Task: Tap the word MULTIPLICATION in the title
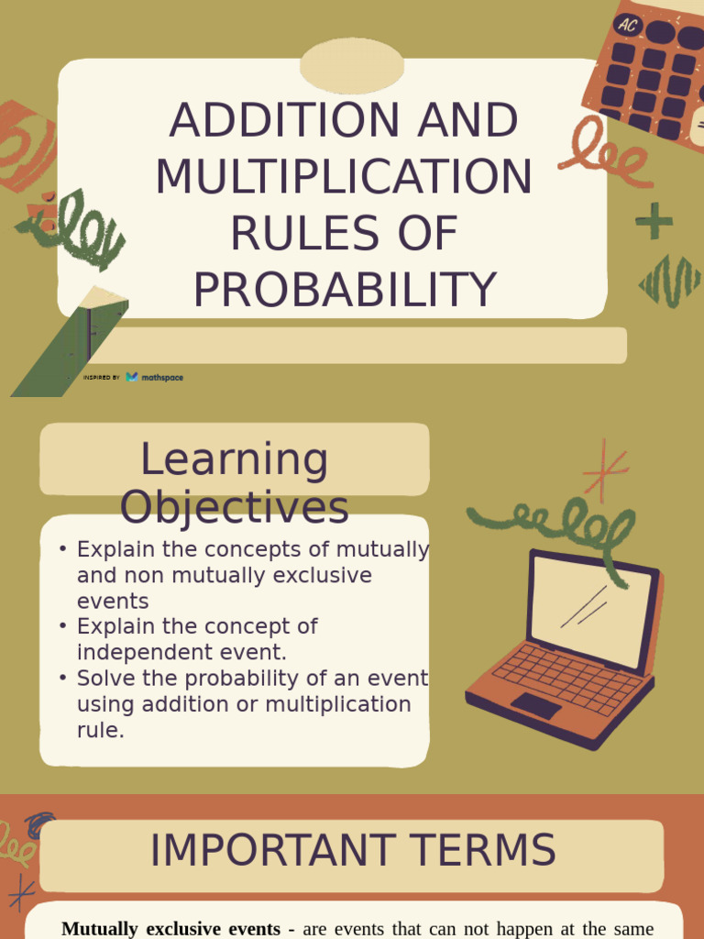coord(344,177)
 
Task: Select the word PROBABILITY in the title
coord(344,289)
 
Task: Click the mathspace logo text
coord(161,377)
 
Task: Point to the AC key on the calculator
coord(627,25)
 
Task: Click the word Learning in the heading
coord(234,459)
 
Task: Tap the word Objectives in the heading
coord(234,507)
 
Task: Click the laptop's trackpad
coord(535,704)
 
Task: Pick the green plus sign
coord(654,221)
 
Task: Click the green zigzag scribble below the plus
coord(669,281)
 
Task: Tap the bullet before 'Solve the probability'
coord(62,679)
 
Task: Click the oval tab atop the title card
coord(352,66)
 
